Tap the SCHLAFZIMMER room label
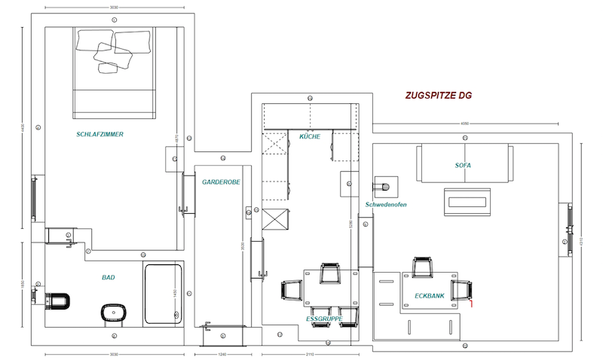pos(99,135)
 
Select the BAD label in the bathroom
pos(109,278)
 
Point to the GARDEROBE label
pos(220,182)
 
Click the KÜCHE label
pos(310,137)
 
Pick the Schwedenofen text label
pos(386,205)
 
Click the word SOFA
pos(463,164)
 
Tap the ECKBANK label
pos(429,296)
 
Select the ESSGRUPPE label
pos(325,319)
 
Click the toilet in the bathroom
pos(57,301)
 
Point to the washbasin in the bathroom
pos(113,312)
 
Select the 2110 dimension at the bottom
pos(309,353)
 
